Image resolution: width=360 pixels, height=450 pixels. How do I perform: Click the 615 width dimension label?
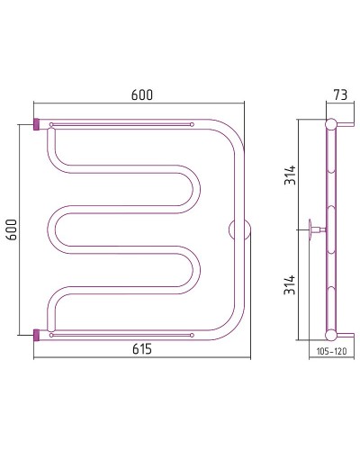coord(142,349)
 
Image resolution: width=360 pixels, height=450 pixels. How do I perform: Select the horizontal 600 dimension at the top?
coord(142,94)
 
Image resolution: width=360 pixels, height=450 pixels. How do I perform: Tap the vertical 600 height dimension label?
coord(12,229)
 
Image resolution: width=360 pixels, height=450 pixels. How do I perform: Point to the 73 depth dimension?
coord(340,94)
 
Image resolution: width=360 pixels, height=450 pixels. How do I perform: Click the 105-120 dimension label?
coord(332,351)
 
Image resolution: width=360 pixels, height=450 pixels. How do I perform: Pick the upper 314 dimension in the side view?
coord(290,175)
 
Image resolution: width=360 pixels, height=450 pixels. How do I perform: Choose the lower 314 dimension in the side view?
coord(290,284)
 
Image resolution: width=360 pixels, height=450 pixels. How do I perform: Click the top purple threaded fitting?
coord(36,124)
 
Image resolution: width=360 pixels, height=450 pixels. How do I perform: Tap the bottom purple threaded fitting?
coord(36,335)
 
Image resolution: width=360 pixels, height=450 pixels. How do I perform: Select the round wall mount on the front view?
coord(240,229)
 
